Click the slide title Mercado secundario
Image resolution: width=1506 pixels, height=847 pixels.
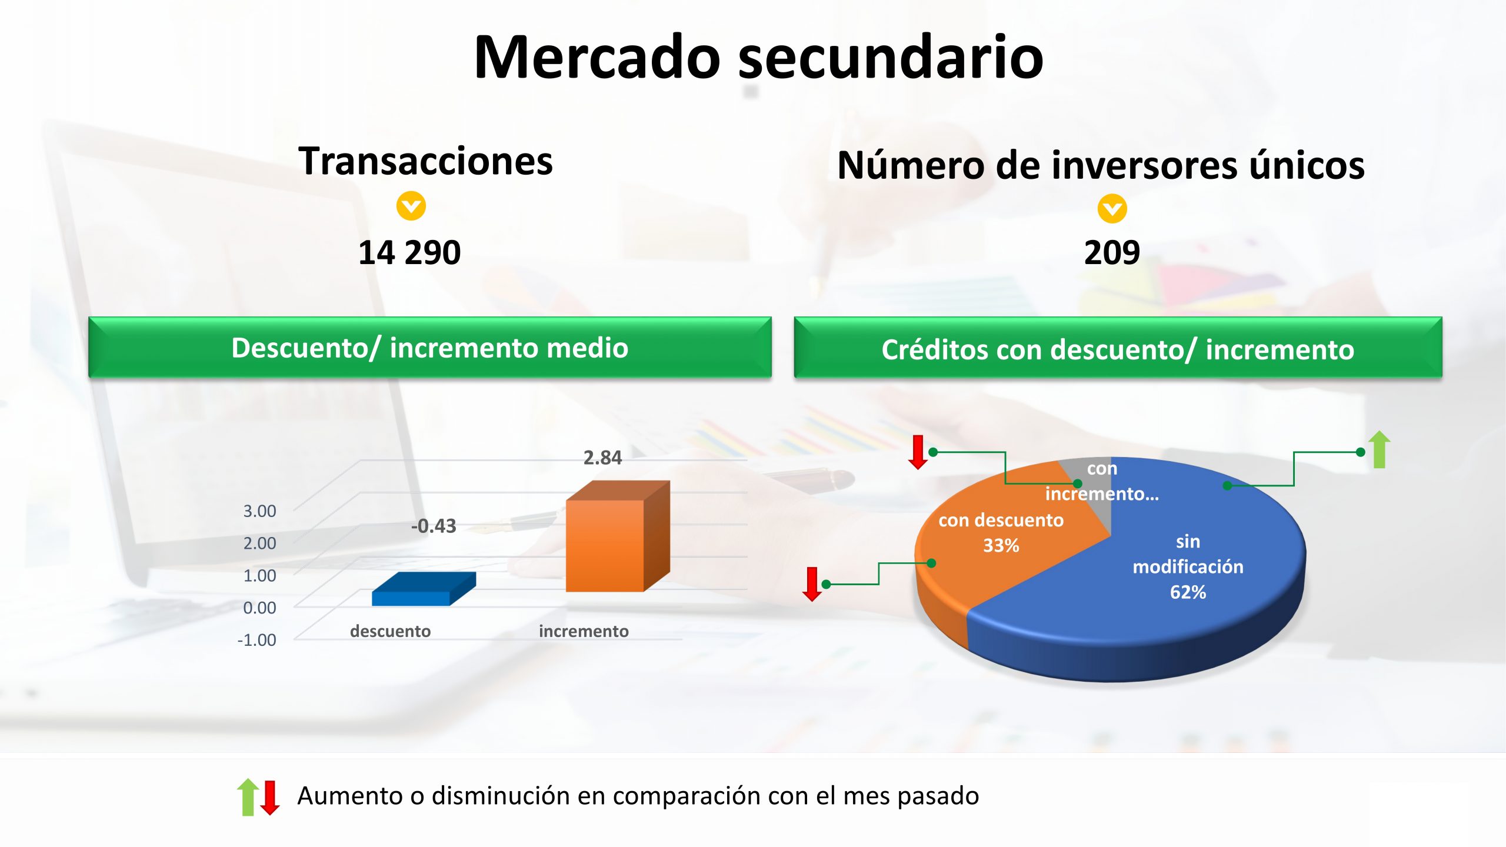coord(758,57)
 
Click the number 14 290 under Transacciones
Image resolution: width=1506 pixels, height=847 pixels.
coord(409,253)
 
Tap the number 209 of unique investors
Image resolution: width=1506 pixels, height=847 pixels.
coord(1112,253)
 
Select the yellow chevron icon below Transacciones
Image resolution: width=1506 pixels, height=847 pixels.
coord(411,206)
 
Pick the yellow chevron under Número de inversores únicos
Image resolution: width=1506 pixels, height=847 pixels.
coord(1112,209)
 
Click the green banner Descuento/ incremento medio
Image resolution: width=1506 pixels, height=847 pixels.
coord(430,348)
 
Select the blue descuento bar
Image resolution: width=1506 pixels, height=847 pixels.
coord(424,589)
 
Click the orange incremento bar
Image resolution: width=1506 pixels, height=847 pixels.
coord(617,536)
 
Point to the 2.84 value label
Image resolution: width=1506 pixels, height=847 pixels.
coord(602,458)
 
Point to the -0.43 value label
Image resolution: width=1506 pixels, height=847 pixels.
coord(434,526)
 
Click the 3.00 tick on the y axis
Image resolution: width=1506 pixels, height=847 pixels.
coord(259,511)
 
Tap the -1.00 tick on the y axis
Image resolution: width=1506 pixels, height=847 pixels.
coord(256,640)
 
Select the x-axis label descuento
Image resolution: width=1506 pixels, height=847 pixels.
coord(390,631)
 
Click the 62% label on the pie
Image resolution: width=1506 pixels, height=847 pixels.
coord(1188,592)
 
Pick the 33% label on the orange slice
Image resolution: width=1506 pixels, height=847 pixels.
coord(1001,545)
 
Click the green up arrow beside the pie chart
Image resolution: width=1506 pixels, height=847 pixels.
coord(1380,449)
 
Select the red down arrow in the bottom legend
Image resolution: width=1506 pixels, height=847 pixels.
coord(270,798)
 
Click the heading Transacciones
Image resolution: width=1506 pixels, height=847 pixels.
coord(425,161)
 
